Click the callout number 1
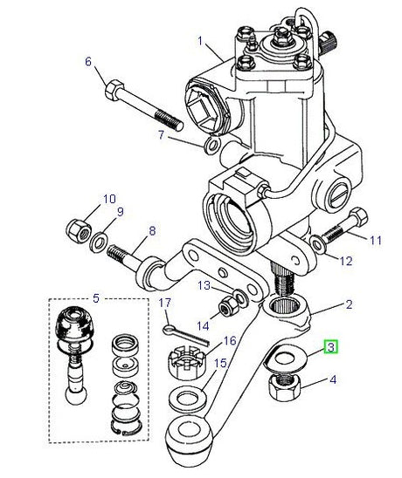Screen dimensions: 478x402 click(200, 41)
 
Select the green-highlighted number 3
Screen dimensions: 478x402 click(331, 347)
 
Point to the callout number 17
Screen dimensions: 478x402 click(163, 303)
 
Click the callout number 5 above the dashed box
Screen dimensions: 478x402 click(96, 297)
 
